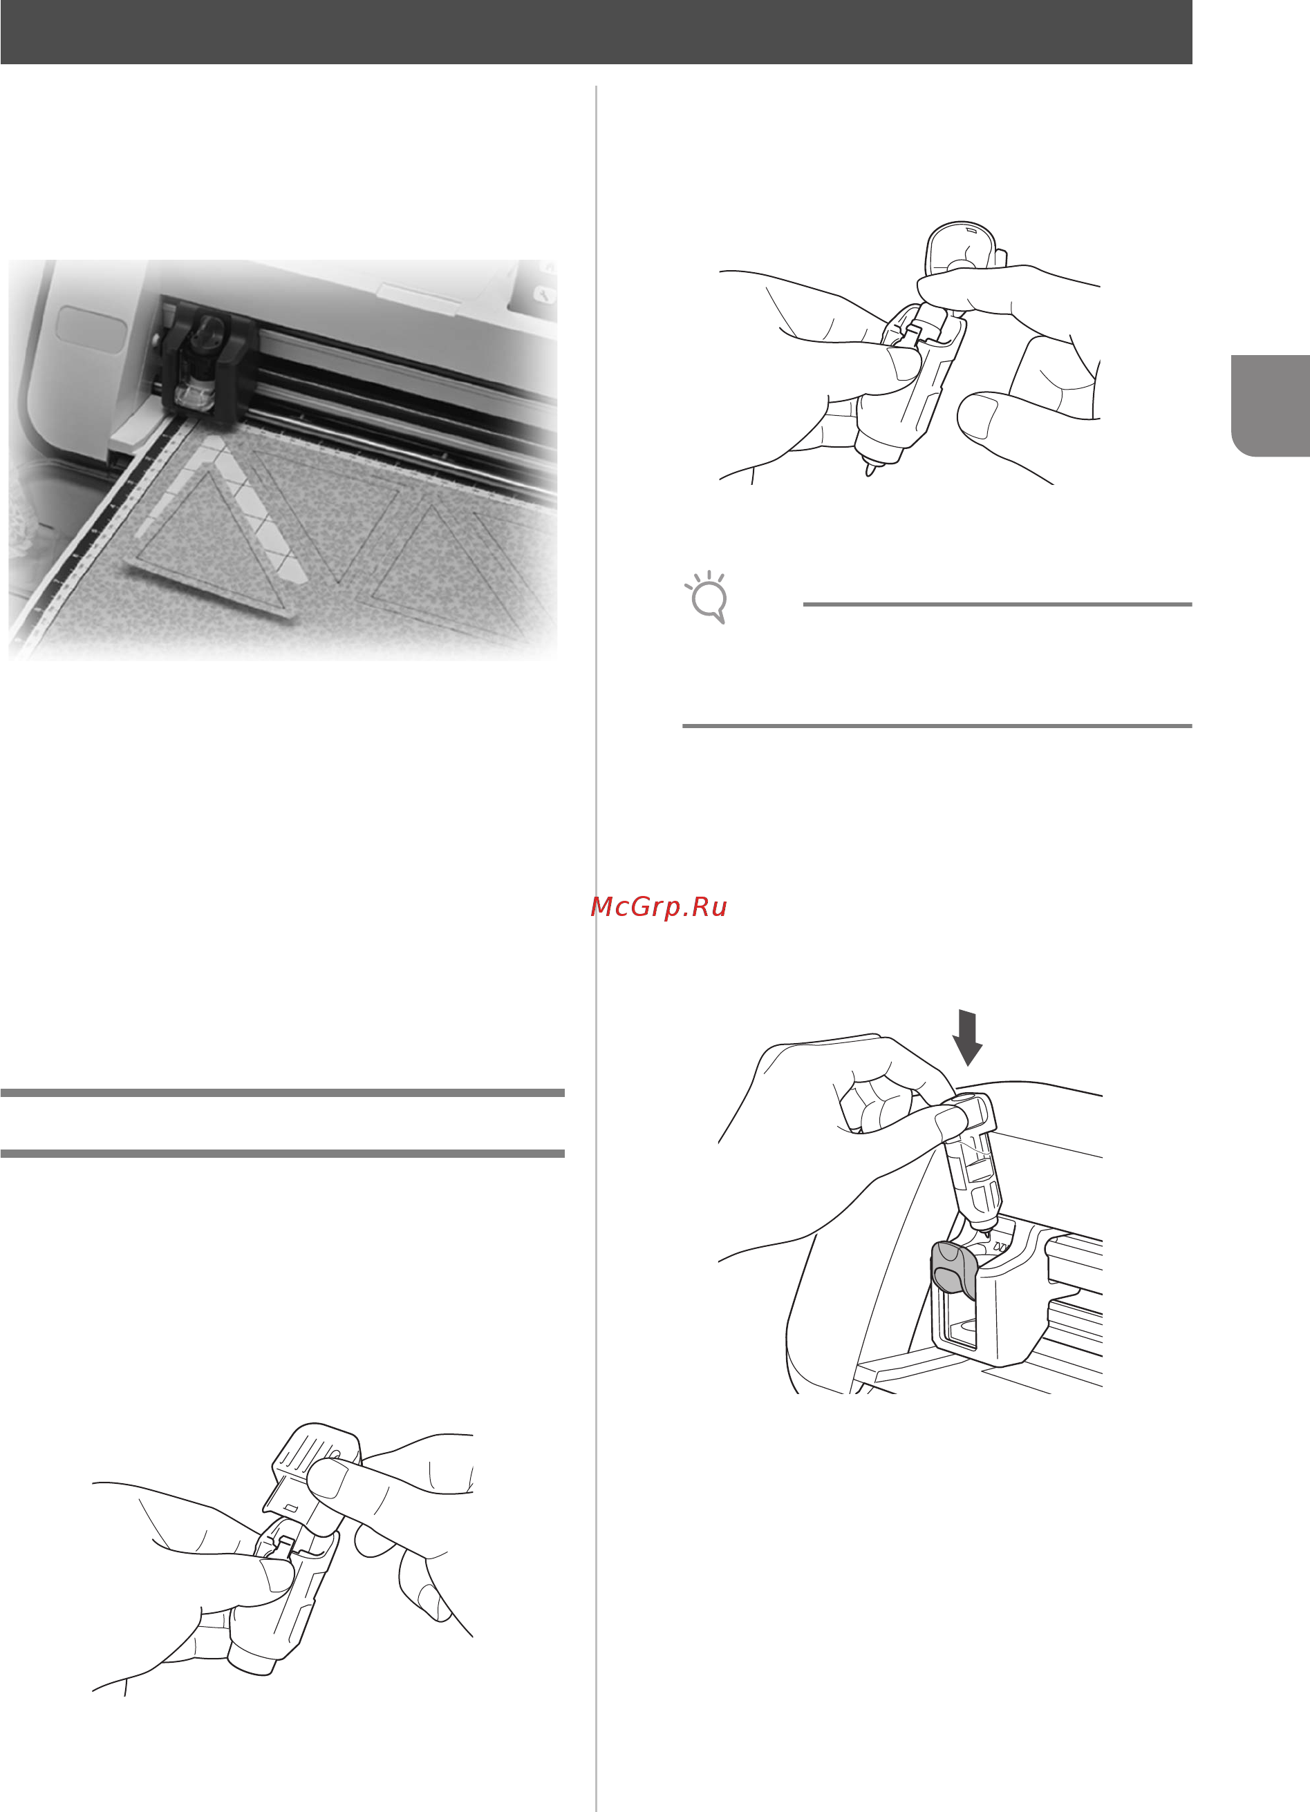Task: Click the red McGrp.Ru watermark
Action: tap(659, 907)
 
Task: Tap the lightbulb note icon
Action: tap(707, 597)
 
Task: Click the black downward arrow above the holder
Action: tap(968, 1037)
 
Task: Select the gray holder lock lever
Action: tap(953, 1267)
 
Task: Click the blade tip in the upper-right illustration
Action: tap(870, 470)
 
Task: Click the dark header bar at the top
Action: tap(595, 32)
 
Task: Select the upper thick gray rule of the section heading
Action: tap(282, 1092)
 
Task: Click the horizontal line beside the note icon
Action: tap(997, 604)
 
